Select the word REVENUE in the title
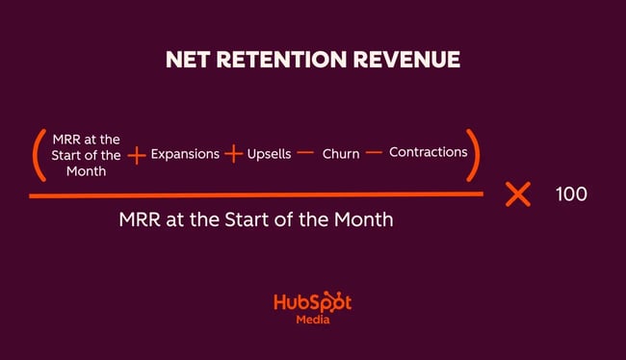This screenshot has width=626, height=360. click(x=409, y=60)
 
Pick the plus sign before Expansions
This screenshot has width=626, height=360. click(x=137, y=155)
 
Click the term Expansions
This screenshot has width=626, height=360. click(x=185, y=154)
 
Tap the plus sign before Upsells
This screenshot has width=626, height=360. click(x=233, y=154)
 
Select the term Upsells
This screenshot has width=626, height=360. click(x=269, y=154)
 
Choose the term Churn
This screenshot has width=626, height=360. click(x=341, y=154)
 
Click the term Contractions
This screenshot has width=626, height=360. click(x=428, y=153)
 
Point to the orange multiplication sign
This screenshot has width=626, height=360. click(x=518, y=194)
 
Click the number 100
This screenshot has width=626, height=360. click(x=571, y=194)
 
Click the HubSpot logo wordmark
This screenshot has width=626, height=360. click(x=312, y=302)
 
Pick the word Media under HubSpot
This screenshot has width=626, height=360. click(x=312, y=321)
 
